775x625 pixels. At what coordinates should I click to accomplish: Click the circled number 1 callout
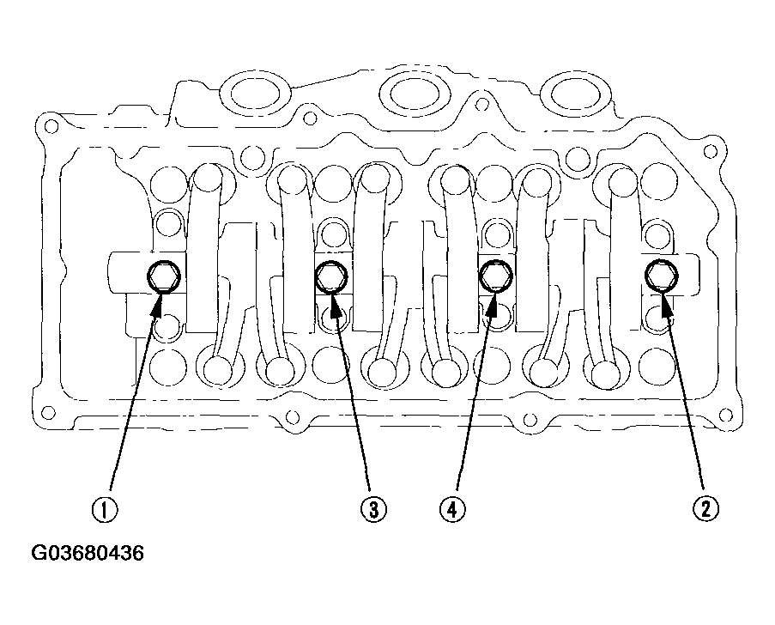[105, 509]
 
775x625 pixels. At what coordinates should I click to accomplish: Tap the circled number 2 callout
[705, 508]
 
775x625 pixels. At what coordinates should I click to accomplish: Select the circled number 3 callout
[373, 509]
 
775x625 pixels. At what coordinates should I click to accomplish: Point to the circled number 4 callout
[452, 509]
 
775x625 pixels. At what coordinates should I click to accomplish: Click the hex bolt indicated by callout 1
[164, 276]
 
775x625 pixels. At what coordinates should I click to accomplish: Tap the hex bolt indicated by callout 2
[662, 275]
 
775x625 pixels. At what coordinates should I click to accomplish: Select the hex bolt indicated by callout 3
[331, 276]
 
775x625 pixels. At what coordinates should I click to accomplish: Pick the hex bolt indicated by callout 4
[496, 276]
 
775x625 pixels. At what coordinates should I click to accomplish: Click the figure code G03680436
[88, 553]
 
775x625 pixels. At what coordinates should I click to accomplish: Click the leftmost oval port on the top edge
[256, 93]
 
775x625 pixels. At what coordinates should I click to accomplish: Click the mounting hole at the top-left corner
[50, 126]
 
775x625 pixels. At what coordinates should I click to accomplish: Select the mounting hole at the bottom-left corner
[48, 412]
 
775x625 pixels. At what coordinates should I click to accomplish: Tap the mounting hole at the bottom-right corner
[725, 415]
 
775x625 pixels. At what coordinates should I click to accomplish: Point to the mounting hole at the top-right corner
[710, 151]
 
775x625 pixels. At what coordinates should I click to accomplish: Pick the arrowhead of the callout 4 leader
[492, 304]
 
